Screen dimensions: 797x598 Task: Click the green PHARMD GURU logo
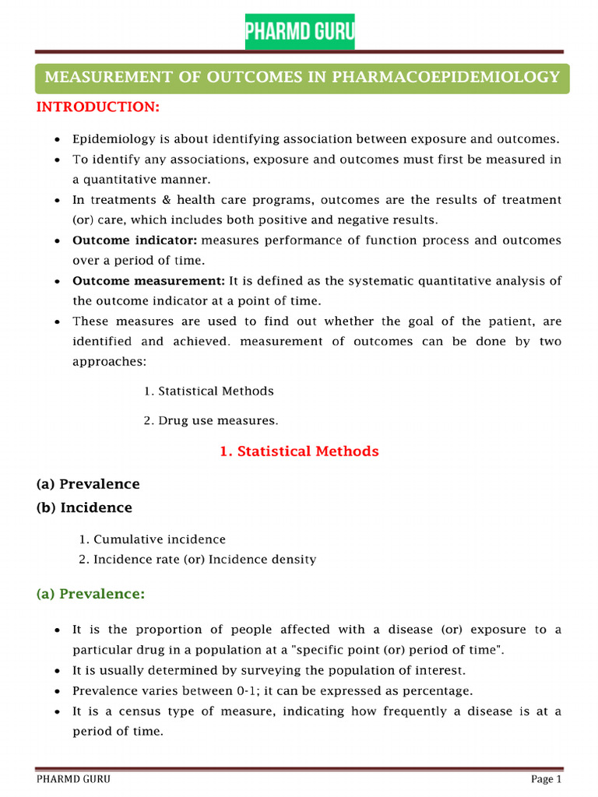click(300, 31)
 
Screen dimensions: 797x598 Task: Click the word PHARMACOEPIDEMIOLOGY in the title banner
click(445, 76)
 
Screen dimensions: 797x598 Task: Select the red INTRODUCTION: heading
click(97, 107)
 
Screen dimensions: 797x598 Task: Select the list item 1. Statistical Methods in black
click(209, 391)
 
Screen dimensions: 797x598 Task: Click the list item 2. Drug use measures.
click(210, 420)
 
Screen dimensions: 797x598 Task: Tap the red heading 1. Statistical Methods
click(299, 451)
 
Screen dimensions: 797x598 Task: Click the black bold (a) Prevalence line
click(88, 484)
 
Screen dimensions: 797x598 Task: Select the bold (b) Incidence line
click(84, 507)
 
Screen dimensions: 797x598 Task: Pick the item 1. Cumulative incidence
click(153, 539)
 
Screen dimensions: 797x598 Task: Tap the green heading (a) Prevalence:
click(90, 595)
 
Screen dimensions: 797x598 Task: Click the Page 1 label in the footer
click(546, 779)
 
